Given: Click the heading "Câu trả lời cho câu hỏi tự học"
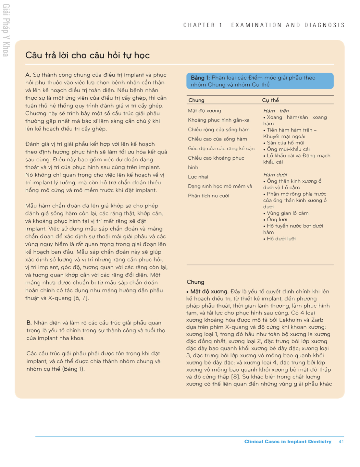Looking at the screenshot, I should tap(87, 55).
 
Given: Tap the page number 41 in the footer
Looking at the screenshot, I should tap(341, 442).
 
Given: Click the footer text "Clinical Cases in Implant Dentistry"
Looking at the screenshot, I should tap(288, 442).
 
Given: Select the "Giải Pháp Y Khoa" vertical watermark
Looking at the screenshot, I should tap(6, 31).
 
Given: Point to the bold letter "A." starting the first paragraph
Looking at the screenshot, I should tap(28, 75).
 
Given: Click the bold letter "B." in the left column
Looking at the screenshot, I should tap(29, 323).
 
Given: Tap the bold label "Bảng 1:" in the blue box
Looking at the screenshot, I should tap(200, 78).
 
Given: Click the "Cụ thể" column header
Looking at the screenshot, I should tap(270, 100).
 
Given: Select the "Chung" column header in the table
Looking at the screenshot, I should tap(196, 100).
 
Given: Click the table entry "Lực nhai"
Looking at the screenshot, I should tap(198, 177).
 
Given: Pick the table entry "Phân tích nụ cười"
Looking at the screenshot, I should tap(208, 196).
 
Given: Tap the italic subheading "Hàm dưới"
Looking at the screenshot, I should tap(275, 175).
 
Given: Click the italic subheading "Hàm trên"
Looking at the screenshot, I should tap(276, 111).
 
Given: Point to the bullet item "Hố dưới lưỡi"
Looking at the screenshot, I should tap(281, 239).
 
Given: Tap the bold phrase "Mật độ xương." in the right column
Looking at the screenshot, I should tap(209, 291).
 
